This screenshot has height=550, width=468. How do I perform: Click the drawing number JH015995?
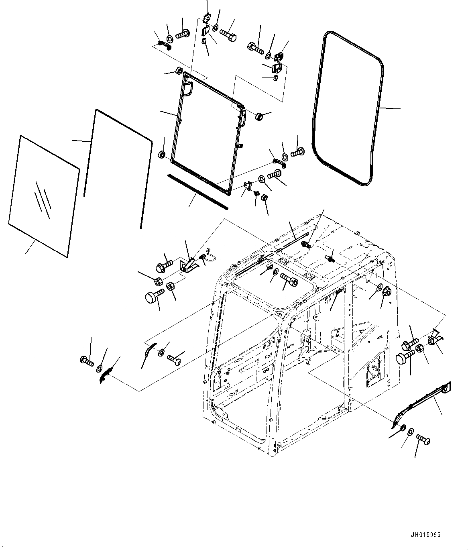(425, 535)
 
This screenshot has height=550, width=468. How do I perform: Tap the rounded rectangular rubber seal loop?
(348, 109)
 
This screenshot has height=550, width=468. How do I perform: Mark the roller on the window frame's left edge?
(163, 155)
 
